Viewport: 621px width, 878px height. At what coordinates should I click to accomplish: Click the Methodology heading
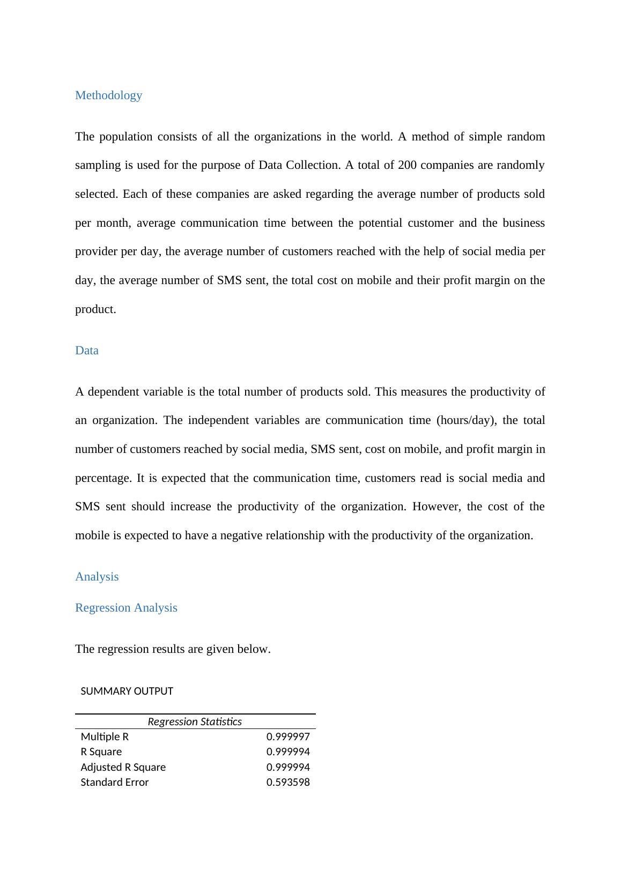click(108, 95)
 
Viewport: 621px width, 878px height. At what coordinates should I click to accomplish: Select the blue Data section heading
click(86, 351)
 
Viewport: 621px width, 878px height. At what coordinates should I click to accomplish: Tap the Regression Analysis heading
click(126, 608)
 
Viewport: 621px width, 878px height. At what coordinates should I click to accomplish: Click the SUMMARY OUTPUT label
click(127, 691)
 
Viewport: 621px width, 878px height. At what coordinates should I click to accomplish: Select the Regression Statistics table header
click(195, 722)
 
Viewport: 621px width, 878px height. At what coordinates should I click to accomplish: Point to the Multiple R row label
click(105, 737)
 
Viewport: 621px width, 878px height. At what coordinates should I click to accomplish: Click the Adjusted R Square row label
click(123, 768)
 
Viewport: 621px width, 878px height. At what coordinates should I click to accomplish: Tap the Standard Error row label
click(114, 783)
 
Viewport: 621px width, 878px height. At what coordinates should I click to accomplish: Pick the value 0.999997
click(288, 737)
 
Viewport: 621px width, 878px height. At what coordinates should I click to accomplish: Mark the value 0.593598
click(288, 783)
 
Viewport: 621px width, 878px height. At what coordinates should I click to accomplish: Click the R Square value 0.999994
click(288, 752)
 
